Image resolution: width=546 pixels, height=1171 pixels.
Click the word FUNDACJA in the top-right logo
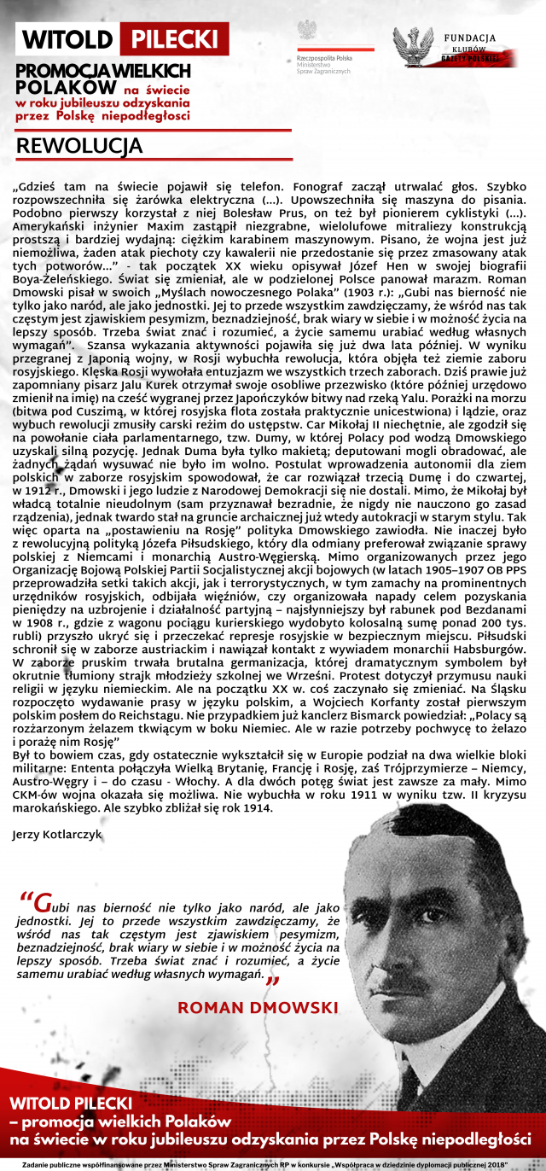(469, 38)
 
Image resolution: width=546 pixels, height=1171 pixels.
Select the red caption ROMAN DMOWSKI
(258, 1008)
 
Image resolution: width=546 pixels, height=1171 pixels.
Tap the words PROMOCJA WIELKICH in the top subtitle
(103, 73)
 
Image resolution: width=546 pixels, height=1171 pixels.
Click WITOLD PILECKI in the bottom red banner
(71, 1103)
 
